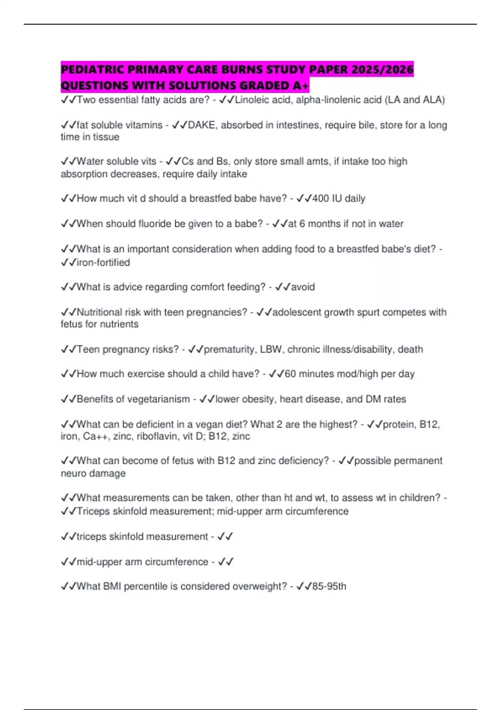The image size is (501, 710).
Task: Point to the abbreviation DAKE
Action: (201, 125)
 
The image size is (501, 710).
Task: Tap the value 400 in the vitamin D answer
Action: (321, 198)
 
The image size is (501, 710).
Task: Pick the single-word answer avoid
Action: (303, 287)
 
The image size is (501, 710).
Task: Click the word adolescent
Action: (296, 312)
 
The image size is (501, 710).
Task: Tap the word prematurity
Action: (229, 349)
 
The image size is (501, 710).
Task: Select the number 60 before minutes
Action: (290, 374)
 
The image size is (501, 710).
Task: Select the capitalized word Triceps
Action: (93, 511)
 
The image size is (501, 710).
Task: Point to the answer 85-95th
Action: (329, 586)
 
